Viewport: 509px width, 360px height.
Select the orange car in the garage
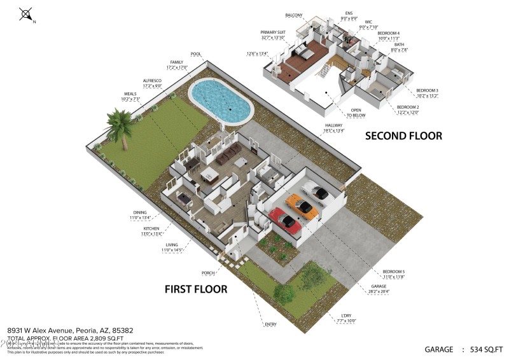pos(302,205)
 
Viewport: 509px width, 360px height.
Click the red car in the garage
pos(286,221)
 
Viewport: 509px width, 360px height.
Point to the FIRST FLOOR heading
pos(196,289)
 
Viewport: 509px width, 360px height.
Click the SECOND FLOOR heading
pos(403,135)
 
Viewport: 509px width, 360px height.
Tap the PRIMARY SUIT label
pos(272,31)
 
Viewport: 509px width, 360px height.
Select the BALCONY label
pos(293,15)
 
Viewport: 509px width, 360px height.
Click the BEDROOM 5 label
pos(393,273)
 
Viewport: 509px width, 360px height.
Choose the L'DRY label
pos(346,316)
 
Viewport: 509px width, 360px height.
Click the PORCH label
pos(207,273)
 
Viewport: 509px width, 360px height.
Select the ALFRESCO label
pos(151,81)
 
